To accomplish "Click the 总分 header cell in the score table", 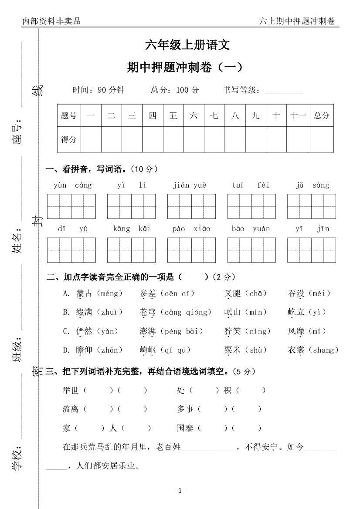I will [x=322, y=115].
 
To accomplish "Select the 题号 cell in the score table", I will [x=69, y=115].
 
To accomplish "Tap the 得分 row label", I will [x=69, y=139].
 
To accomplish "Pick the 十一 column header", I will [x=298, y=115].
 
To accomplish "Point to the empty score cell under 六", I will [x=194, y=139].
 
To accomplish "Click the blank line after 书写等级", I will [x=284, y=91].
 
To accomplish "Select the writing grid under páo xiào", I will [x=191, y=250].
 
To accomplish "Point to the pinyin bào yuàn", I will [x=251, y=229].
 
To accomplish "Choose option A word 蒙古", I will [x=84, y=293].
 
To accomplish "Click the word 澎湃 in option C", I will [x=148, y=331].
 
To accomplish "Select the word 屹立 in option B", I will [x=296, y=312].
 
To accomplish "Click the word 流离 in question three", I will [x=71, y=409].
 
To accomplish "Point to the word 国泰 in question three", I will [x=185, y=428].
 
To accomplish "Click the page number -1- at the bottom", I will [x=180, y=491].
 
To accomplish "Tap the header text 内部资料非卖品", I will [x=51, y=21].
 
